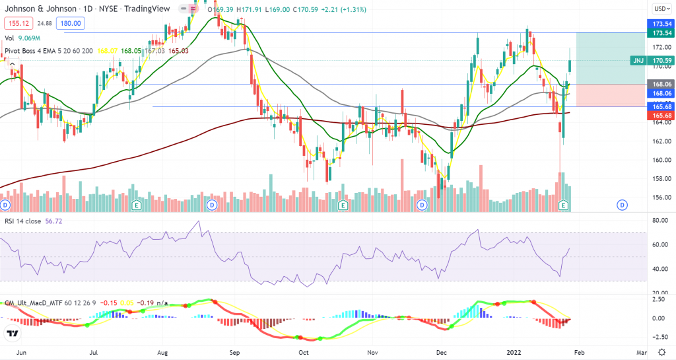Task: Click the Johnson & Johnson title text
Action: (x=39, y=10)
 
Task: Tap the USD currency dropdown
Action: (x=659, y=9)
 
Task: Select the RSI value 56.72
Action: (x=68, y=221)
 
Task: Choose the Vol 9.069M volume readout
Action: (x=26, y=38)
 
